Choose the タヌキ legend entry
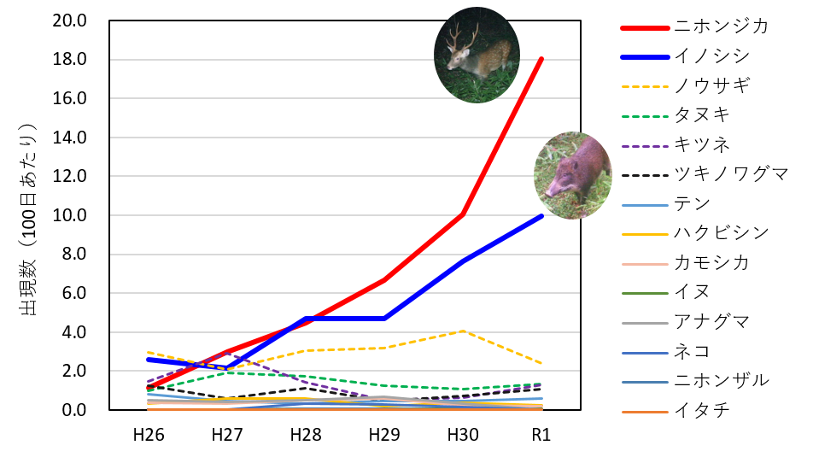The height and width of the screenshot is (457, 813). (702, 114)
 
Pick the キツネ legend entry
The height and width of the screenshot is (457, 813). (702, 144)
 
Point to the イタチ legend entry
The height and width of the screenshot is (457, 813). (702, 410)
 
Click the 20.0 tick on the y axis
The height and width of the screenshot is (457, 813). (70, 21)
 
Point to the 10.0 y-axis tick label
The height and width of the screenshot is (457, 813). (70, 215)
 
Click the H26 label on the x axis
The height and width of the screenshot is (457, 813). (149, 434)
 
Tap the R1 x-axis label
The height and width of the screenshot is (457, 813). (541, 434)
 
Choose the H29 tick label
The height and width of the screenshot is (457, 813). (384, 434)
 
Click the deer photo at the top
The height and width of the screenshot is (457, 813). (476, 56)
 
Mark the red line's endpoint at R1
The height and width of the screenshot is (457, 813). (541, 59)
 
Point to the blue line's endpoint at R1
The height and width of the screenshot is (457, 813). (541, 216)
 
